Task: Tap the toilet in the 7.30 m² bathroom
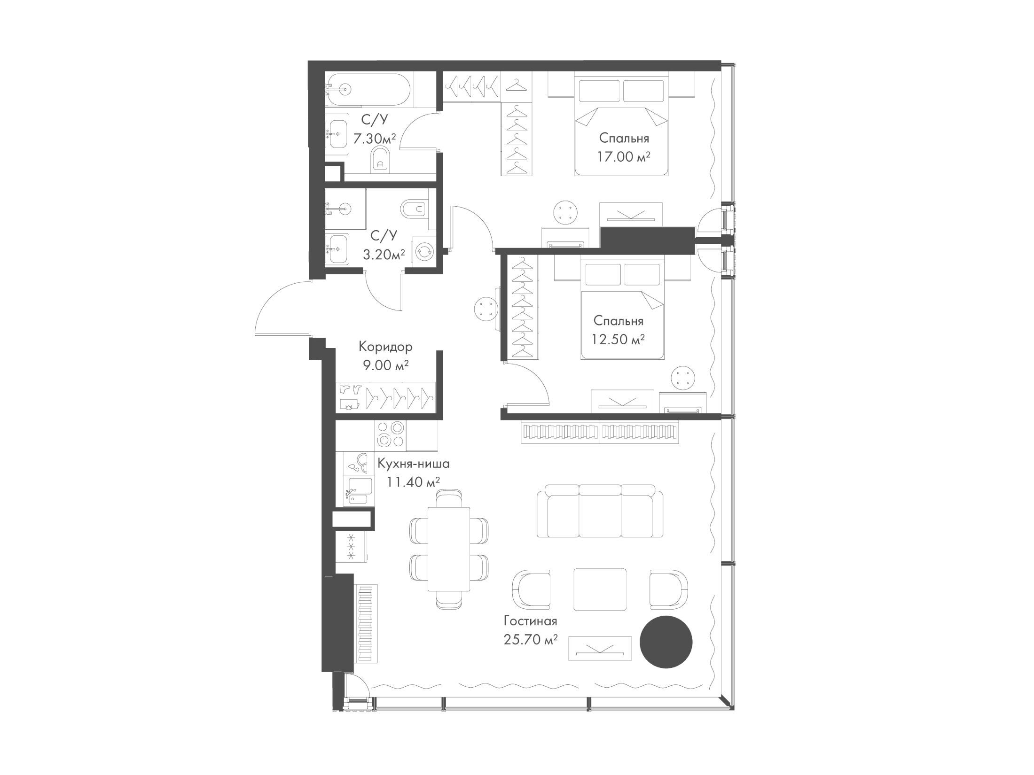[x=380, y=161]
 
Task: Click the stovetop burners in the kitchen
[x=391, y=434]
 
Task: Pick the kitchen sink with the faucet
[x=360, y=490]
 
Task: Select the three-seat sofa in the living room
[x=600, y=511]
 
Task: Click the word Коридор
[x=385, y=347]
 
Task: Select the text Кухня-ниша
[x=414, y=464]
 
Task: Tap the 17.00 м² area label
[x=624, y=156]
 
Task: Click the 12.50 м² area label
[x=618, y=339]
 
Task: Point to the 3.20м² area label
[x=384, y=254]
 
